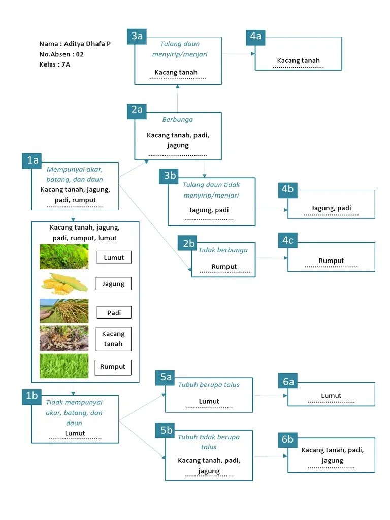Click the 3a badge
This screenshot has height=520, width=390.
(x=137, y=36)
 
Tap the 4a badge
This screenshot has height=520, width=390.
(x=255, y=36)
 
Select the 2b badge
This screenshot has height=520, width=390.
(x=189, y=243)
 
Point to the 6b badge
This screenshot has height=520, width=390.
(x=288, y=439)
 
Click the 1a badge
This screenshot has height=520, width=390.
(x=32, y=161)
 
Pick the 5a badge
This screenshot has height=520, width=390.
(x=166, y=377)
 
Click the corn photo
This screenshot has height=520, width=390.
(x=64, y=283)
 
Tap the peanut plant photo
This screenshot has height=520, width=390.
(x=64, y=338)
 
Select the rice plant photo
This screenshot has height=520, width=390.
(x=64, y=311)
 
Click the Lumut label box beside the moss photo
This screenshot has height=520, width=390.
(x=114, y=257)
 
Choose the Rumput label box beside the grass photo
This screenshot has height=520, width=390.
(x=113, y=367)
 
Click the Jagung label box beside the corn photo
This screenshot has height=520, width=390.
(x=113, y=284)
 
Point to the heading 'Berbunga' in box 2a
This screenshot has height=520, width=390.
(x=177, y=120)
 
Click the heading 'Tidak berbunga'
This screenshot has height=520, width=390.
(x=223, y=250)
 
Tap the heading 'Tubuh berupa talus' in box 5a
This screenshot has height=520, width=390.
(x=208, y=385)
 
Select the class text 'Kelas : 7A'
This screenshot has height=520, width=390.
(x=54, y=64)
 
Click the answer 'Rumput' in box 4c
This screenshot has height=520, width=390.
(x=331, y=261)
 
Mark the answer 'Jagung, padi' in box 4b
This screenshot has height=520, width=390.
(x=331, y=208)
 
